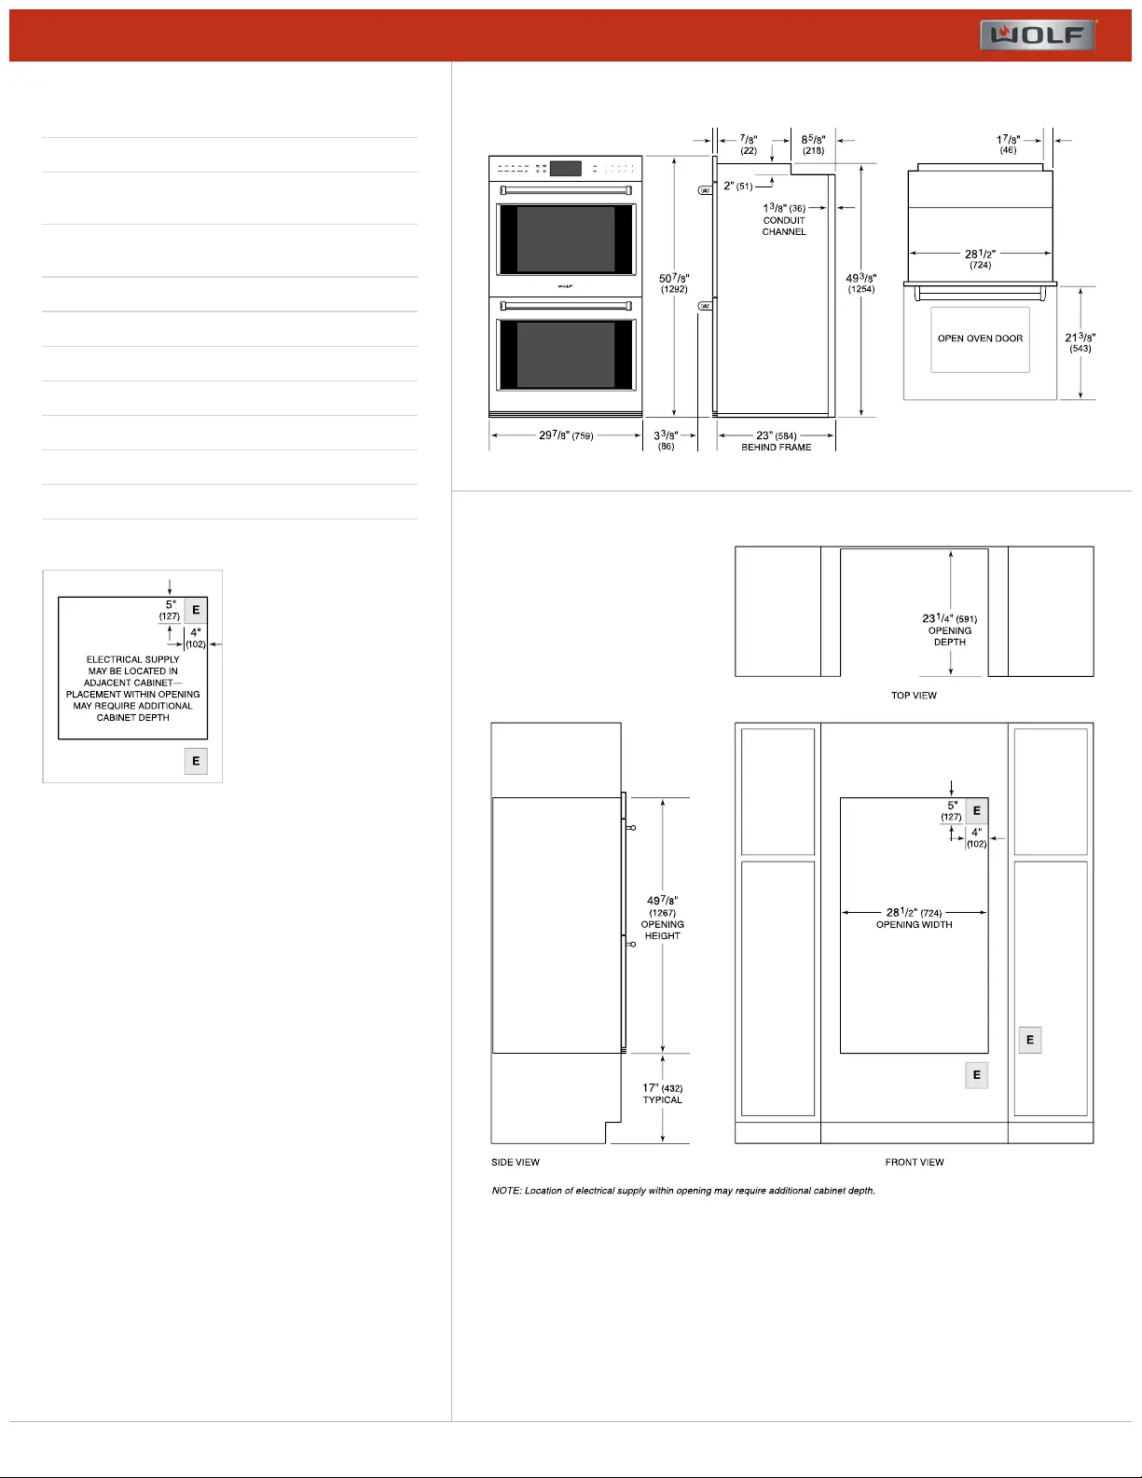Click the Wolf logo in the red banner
(1038, 35)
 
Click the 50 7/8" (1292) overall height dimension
(674, 283)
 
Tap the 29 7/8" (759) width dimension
(566, 435)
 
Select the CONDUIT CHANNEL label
(784, 226)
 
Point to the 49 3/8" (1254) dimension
(860, 283)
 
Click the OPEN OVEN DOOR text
(980, 338)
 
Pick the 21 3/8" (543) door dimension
(1080, 342)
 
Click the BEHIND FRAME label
(776, 447)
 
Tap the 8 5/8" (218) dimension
(813, 145)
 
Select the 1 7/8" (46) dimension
(1008, 145)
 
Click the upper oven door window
(566, 239)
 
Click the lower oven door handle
(566, 306)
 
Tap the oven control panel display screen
(566, 168)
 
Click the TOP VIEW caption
(914, 695)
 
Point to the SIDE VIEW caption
(516, 1162)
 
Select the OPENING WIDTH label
(914, 924)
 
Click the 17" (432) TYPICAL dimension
(662, 1094)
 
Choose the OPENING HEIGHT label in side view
(662, 930)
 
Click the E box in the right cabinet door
(1030, 1040)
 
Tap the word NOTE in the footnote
(505, 1190)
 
